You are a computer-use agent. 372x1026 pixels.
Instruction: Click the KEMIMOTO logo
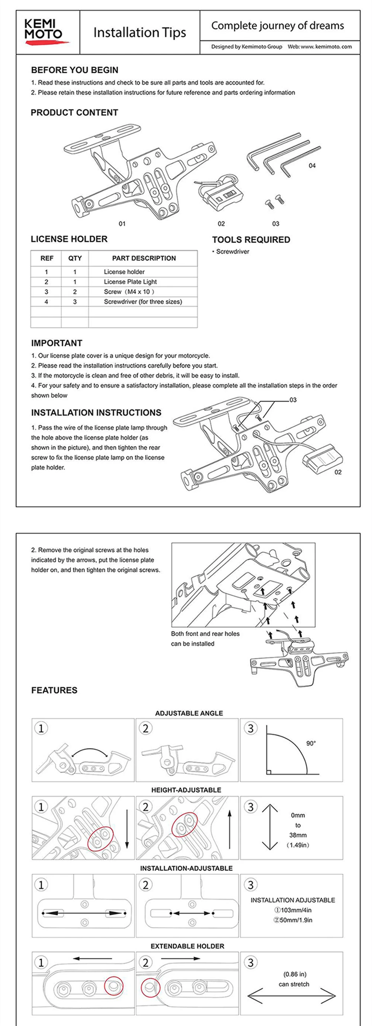[x=45, y=32]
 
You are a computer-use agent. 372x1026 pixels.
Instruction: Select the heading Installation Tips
[x=139, y=33]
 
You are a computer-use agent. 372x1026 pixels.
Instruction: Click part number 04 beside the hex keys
[x=312, y=166]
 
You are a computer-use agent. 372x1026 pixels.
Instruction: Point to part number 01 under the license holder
[x=122, y=224]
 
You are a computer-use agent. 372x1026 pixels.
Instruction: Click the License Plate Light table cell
[x=130, y=282]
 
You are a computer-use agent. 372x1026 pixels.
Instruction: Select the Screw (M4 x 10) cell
[x=129, y=292]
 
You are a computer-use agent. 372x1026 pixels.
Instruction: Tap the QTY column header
[x=75, y=259]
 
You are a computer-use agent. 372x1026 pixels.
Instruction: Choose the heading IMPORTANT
[x=57, y=343]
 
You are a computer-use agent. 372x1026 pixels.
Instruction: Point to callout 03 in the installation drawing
[x=293, y=400]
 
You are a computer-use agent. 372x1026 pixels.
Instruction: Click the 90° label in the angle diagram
[x=311, y=744]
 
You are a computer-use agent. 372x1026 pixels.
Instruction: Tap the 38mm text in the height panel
[x=298, y=835]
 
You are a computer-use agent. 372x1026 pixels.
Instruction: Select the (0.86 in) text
[x=295, y=974]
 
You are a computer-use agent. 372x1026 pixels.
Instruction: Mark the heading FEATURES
[x=54, y=690]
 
